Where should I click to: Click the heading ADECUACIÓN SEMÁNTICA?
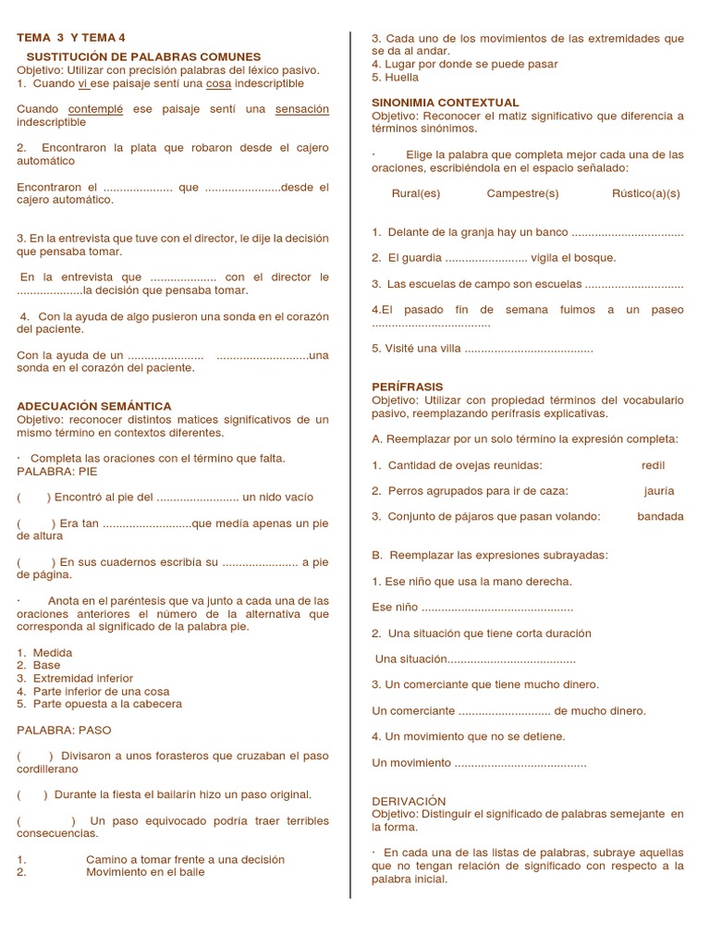click(x=94, y=406)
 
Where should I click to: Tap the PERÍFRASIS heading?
click(x=408, y=387)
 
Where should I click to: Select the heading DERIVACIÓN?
click(x=409, y=801)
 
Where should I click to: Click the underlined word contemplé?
click(x=96, y=109)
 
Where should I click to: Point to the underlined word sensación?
click(x=302, y=109)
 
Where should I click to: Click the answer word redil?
click(x=653, y=465)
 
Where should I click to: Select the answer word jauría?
click(x=659, y=491)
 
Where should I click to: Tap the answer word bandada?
click(x=660, y=516)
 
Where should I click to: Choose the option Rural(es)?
click(x=416, y=193)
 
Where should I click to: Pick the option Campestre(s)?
click(x=522, y=193)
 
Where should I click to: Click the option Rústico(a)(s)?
click(x=646, y=193)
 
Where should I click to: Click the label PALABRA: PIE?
click(x=57, y=471)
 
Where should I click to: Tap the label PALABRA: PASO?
click(x=64, y=730)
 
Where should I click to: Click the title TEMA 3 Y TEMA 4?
click(x=70, y=38)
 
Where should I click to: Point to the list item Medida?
click(x=52, y=653)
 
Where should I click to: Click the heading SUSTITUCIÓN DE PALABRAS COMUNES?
click(x=143, y=57)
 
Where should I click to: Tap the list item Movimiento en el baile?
click(x=145, y=871)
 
